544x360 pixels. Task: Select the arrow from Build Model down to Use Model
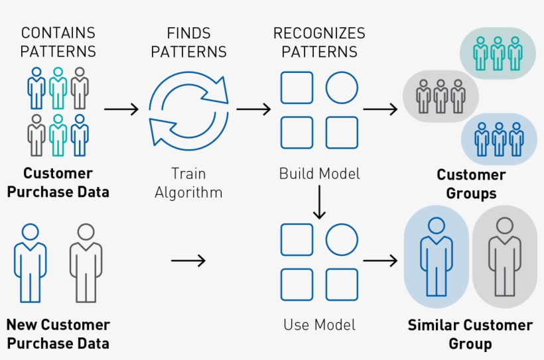(319, 202)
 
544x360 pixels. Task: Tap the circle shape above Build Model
(342, 88)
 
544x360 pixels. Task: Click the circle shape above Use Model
(342, 239)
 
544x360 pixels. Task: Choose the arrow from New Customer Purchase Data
(188, 261)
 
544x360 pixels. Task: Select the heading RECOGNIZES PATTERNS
(319, 42)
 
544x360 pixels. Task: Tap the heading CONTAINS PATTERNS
(58, 42)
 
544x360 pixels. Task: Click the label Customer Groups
(471, 184)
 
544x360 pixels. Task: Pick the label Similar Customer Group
(470, 334)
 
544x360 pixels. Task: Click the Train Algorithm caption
(188, 183)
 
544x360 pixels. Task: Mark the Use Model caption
(319, 325)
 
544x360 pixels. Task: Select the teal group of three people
(498, 53)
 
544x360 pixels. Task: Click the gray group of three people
(441, 97)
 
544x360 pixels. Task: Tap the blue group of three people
(499, 139)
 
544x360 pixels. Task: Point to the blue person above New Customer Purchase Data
(31, 263)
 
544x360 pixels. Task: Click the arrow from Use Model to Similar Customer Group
(381, 261)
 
